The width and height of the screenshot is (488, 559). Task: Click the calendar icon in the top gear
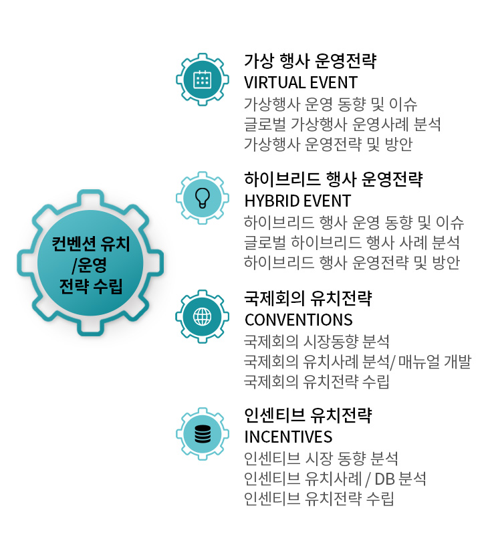pos(202,79)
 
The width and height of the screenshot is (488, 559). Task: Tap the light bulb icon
pos(202,197)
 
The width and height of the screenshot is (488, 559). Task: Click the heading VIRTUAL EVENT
pos(301,83)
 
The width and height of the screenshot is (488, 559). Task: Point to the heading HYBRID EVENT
pos(297,201)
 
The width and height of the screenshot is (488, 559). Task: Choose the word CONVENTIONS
pos(299,319)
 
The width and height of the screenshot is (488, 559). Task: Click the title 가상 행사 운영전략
pos(310,62)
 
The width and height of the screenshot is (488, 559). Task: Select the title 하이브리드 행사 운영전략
pos(333,180)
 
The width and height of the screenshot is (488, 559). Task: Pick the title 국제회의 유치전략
pos(308,298)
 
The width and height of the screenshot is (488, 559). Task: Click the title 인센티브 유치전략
pos(308,416)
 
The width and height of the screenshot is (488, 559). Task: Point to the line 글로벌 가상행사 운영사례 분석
pos(342,124)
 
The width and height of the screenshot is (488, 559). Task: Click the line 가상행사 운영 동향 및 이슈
pos(331,104)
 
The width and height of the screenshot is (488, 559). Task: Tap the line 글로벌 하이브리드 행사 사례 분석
pos(352,242)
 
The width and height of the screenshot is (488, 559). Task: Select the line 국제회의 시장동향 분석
pos(317,342)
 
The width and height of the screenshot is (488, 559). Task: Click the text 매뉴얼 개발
pos(435,362)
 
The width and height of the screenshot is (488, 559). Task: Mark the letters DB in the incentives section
pos(384,479)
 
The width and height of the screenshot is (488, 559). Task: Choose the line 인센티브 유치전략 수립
pos(319,498)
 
